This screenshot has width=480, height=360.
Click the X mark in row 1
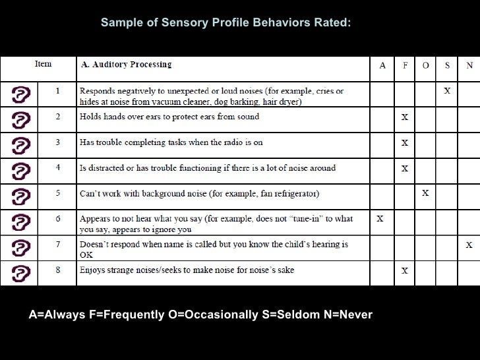pyautogui.click(x=447, y=91)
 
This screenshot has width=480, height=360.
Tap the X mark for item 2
pyautogui.click(x=405, y=117)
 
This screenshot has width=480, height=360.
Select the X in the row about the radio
pyautogui.click(x=405, y=142)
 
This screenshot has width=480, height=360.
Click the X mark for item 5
pyautogui.click(x=425, y=193)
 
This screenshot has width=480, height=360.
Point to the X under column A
pyautogui.click(x=380, y=219)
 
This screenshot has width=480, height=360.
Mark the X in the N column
pyautogui.click(x=469, y=245)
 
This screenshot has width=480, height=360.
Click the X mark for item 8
pyautogui.click(x=405, y=270)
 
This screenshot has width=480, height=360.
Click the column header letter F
pyautogui.click(x=405, y=65)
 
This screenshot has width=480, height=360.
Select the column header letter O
pyautogui.click(x=425, y=65)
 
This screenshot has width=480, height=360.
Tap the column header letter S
pyautogui.click(x=447, y=65)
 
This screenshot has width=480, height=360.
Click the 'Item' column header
pyautogui.click(x=43, y=64)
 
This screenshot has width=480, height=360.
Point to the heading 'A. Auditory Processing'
pyautogui.click(x=126, y=65)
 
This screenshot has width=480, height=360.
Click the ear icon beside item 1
pyautogui.click(x=22, y=94)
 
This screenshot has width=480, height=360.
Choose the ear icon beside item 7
pyautogui.click(x=22, y=247)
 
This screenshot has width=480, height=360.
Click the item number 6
pyautogui.click(x=58, y=218)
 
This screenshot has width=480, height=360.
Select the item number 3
pyautogui.click(x=58, y=142)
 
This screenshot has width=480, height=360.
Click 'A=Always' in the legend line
pyautogui.click(x=57, y=315)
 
